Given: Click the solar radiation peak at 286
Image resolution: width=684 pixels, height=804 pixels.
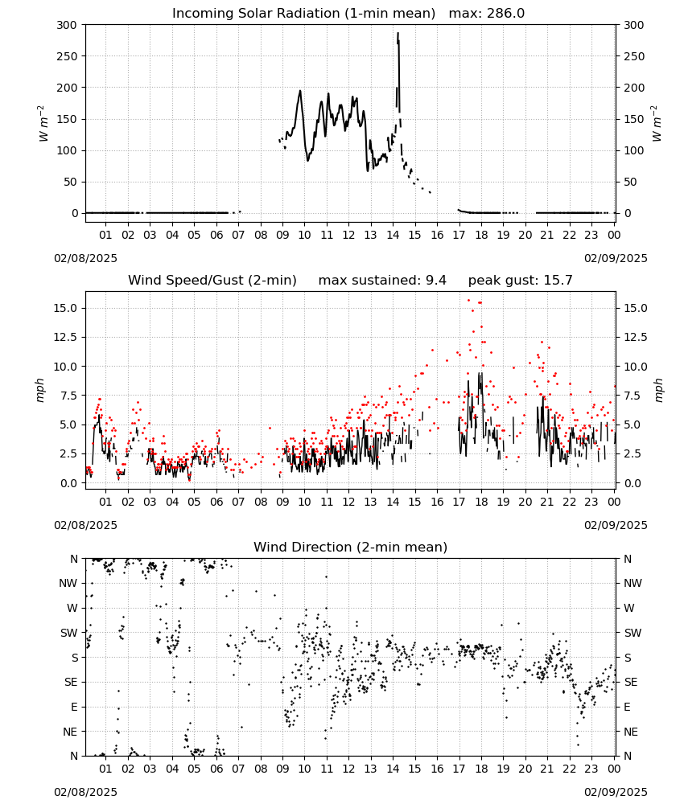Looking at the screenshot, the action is (x=398, y=34).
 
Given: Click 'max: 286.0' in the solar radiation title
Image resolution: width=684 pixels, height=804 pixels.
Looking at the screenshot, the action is (x=487, y=14).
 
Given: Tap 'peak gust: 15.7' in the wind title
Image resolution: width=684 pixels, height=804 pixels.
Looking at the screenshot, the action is (x=521, y=281).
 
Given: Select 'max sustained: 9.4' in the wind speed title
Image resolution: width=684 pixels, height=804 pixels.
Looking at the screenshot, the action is (x=382, y=281).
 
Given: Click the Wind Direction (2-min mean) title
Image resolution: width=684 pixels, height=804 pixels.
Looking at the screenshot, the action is (x=351, y=547).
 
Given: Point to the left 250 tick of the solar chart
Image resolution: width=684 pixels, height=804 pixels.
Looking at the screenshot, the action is (x=68, y=56).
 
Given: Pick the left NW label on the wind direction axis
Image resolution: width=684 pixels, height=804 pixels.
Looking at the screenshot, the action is (x=68, y=584).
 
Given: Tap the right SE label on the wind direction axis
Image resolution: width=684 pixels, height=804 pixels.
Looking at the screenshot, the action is (x=631, y=683).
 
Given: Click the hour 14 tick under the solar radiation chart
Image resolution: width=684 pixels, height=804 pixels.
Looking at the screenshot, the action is (x=393, y=236).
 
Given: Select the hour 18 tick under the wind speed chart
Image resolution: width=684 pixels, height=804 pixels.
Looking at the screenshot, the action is (x=481, y=502).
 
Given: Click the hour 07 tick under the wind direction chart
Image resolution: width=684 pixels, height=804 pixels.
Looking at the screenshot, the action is (x=238, y=769).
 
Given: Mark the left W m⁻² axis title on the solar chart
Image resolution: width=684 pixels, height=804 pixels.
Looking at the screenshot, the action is (x=43, y=124).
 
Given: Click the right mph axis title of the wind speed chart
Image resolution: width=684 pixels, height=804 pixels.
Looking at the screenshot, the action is (x=658, y=390).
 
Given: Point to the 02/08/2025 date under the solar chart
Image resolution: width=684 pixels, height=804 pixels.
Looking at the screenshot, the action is (x=85, y=258).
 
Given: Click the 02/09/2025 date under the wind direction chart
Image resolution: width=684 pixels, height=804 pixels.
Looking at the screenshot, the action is (x=616, y=792).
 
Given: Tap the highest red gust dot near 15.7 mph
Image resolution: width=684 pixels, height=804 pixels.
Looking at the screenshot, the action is (x=468, y=301).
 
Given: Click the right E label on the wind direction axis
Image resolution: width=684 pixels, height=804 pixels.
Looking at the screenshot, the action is (x=628, y=707).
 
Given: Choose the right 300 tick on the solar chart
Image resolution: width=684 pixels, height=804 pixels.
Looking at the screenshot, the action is (x=634, y=25).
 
